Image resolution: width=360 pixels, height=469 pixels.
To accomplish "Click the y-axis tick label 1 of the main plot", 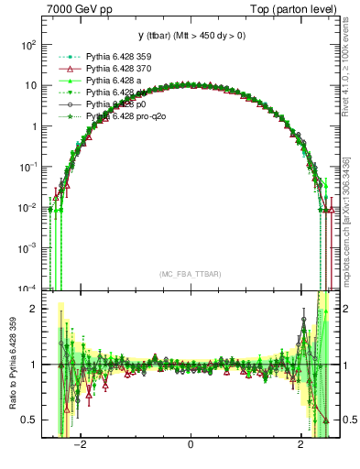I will click(33, 126).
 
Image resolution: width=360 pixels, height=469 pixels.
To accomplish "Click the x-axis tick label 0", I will click(190, 446).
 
